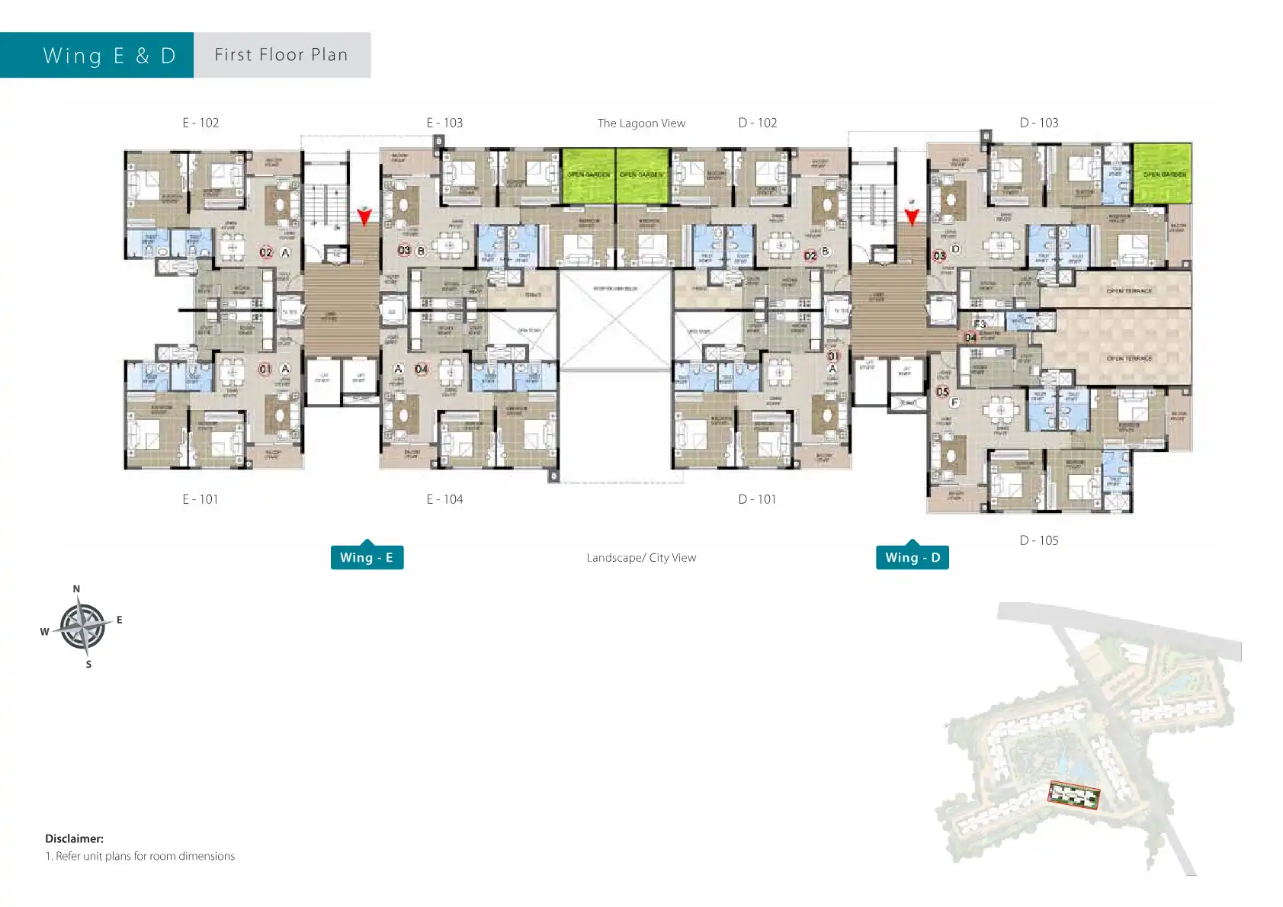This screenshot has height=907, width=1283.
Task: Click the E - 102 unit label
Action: pos(200,123)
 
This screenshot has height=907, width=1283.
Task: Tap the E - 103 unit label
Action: pos(444,123)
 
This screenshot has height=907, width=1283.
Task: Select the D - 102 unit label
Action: pos(757,123)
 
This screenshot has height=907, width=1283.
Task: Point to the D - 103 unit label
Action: pos(1039,123)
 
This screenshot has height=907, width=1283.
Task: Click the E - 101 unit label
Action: pos(200,499)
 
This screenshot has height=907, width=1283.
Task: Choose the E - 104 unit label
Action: pos(444,499)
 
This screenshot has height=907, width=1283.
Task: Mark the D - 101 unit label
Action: pos(757,499)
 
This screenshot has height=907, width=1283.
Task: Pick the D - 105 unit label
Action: pos(1039,540)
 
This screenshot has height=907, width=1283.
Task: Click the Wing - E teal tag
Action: pos(367,557)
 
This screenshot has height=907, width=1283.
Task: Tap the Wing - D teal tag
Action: pos(913,557)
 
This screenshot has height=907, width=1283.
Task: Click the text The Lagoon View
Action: pos(641,123)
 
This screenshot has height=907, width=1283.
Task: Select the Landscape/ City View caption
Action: pos(641,558)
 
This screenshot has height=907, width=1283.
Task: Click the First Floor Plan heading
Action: pos(281,55)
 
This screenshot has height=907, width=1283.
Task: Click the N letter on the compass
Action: pos(76,589)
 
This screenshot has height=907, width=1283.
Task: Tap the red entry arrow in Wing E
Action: pos(364,217)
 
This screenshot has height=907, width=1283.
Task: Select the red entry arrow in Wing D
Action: pos(912,217)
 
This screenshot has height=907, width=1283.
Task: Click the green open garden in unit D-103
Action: pos(1162,174)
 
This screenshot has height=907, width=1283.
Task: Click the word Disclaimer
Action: pos(74,838)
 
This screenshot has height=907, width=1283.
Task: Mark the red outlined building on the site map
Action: pos(1074,796)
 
